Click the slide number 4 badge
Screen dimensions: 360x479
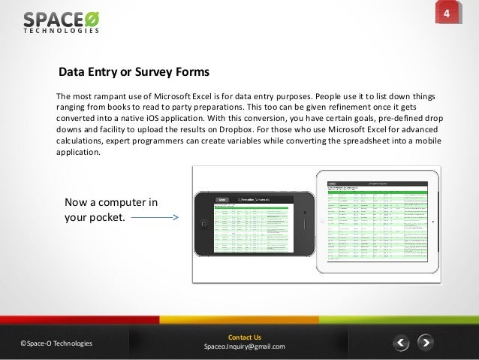click(446, 16)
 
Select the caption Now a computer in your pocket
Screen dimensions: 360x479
click(110, 210)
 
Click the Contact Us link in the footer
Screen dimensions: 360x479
click(244, 337)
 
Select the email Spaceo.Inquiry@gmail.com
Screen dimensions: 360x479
click(245, 346)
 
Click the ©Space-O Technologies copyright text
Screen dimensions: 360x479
click(57, 343)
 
